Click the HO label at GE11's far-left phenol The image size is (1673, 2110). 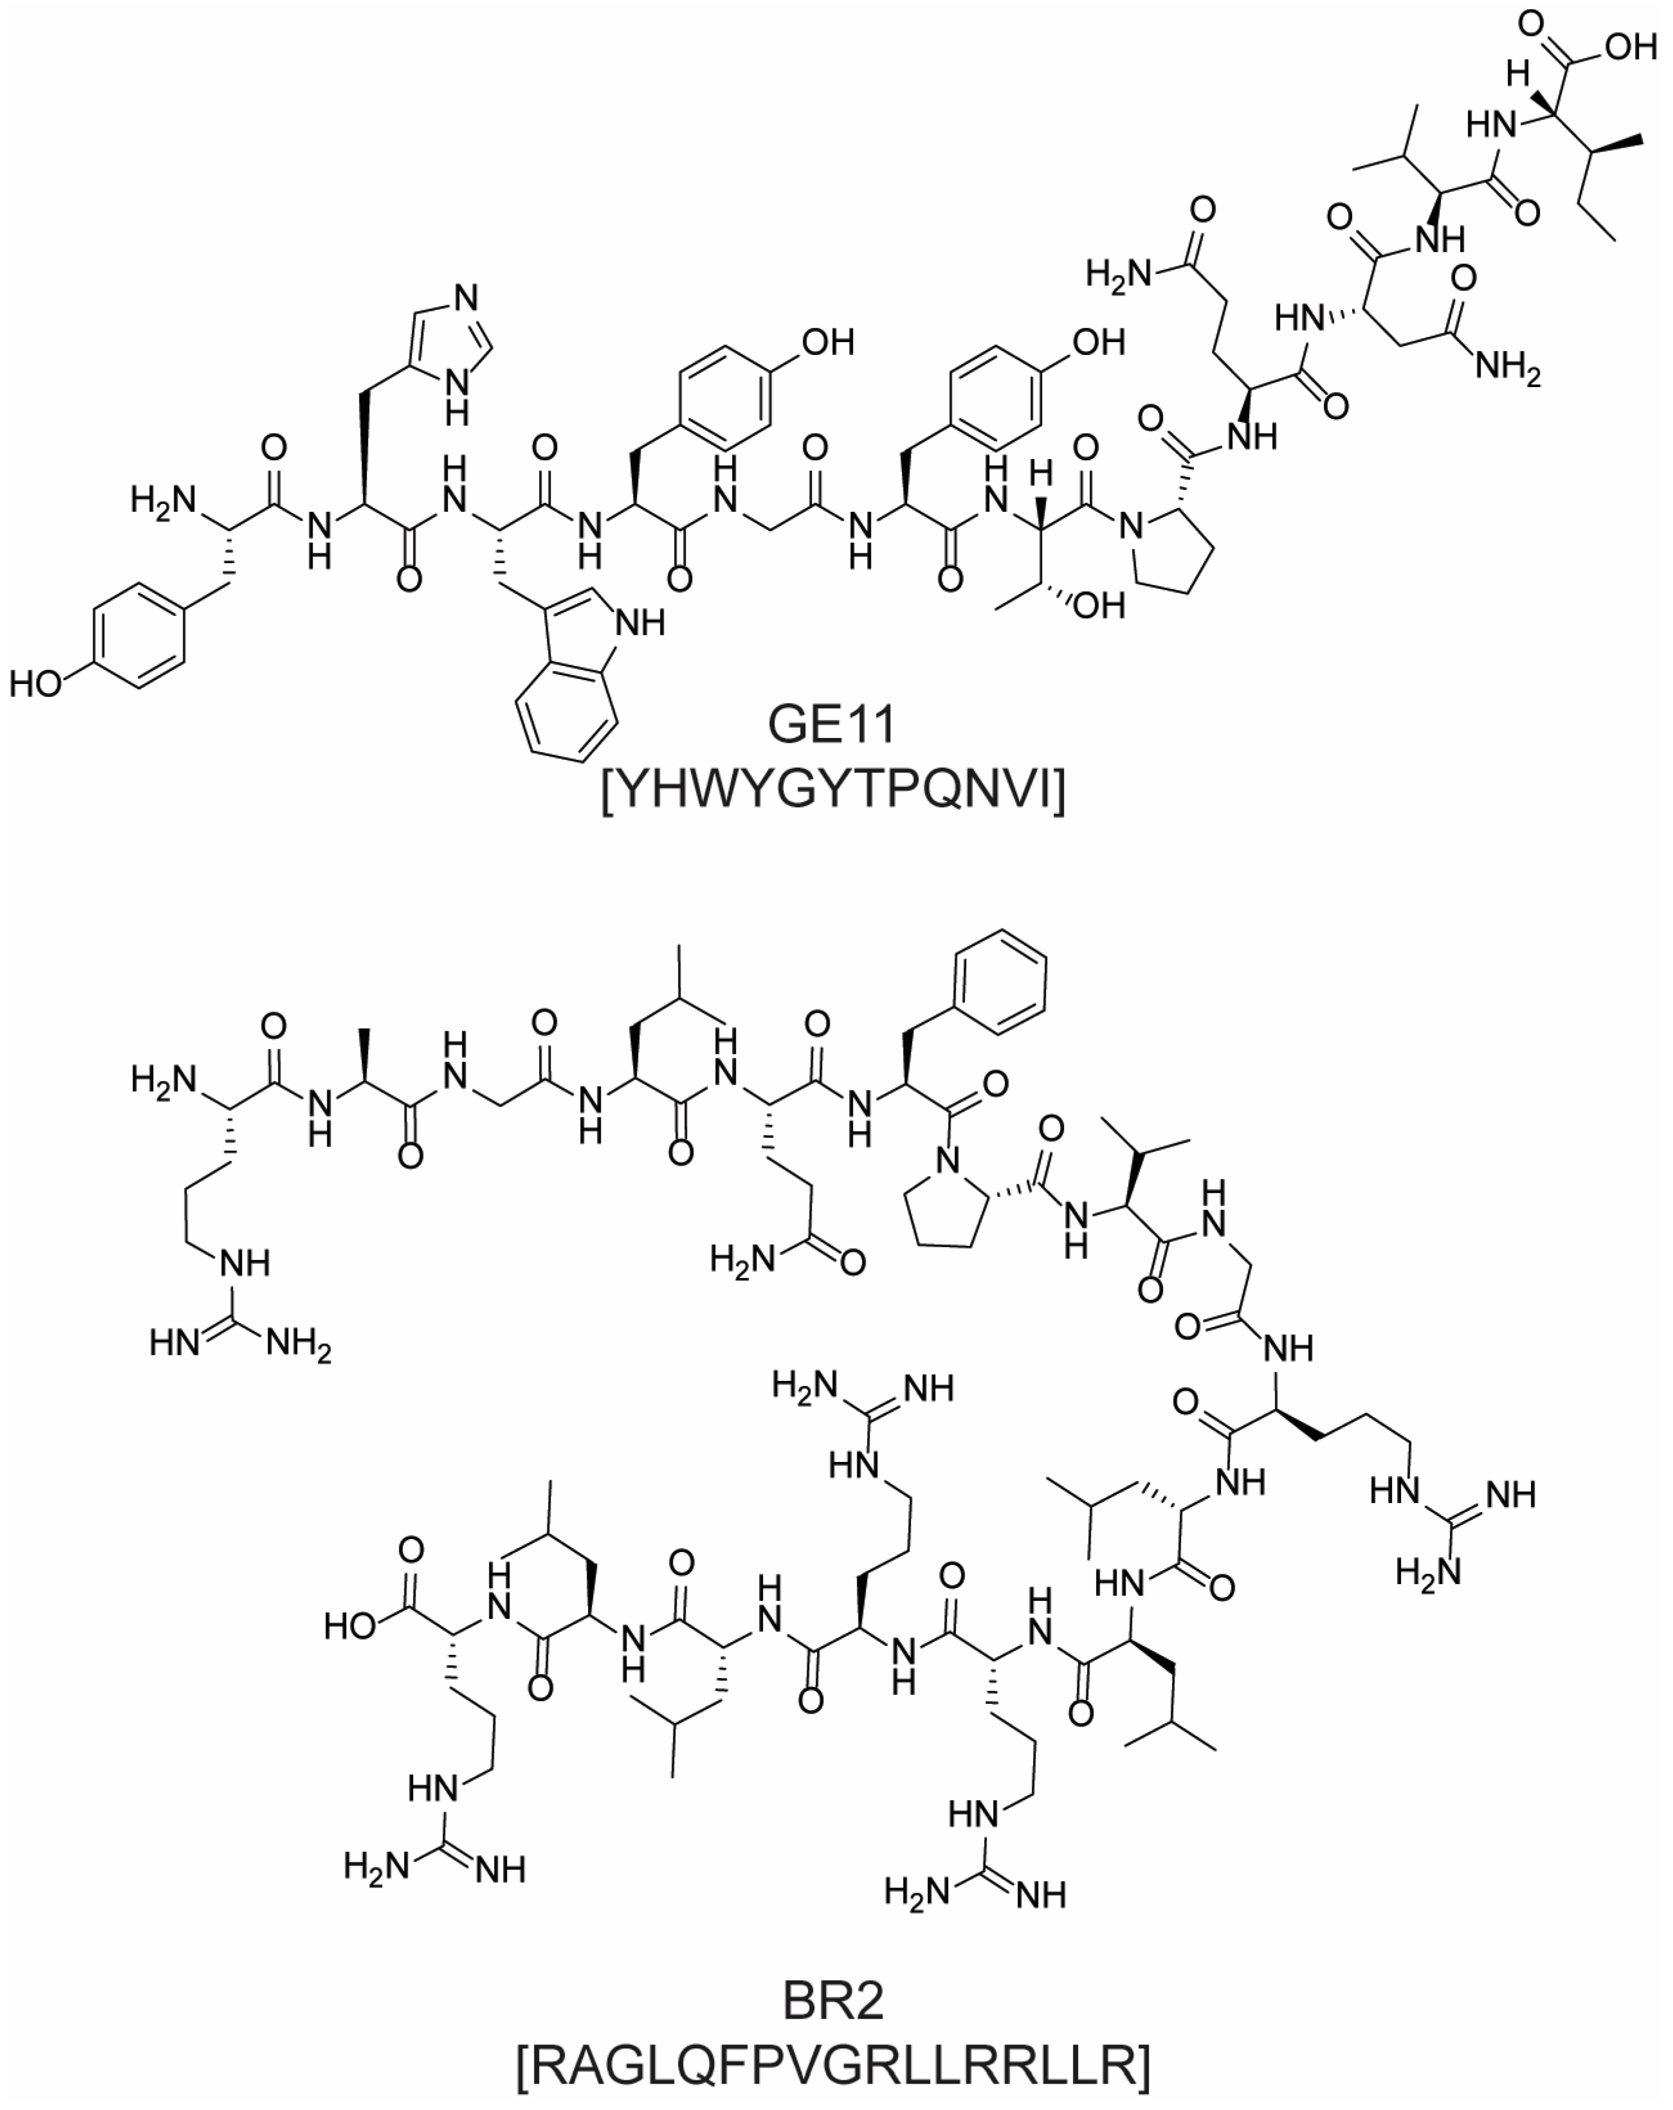[x=36, y=684]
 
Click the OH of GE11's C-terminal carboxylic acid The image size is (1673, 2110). [x=1630, y=46]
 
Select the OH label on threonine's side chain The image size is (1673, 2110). [x=1099, y=606]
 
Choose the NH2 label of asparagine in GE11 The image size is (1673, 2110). [x=1508, y=368]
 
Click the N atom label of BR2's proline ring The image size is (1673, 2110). [x=946, y=1162]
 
